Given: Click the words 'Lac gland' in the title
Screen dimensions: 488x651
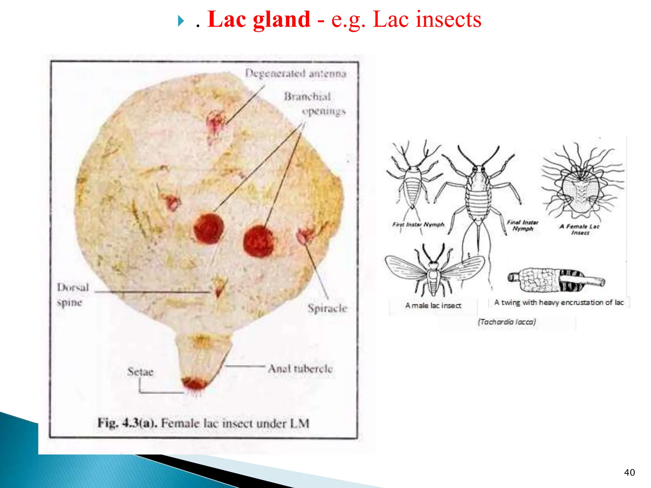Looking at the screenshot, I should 259,20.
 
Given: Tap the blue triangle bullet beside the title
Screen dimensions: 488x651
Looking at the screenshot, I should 181,22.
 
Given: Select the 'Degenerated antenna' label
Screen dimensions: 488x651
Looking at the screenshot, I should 296,73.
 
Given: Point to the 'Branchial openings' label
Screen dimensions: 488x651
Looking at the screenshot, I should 315,104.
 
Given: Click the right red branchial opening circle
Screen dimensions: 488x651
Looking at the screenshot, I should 259,241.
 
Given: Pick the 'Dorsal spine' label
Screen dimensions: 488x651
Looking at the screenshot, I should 72,295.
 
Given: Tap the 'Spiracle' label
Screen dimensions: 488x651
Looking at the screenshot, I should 327,308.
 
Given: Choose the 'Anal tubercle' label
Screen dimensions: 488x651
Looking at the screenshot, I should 300,369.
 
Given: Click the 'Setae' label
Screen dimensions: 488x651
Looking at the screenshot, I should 140,372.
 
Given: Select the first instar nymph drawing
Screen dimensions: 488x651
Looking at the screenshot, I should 413,181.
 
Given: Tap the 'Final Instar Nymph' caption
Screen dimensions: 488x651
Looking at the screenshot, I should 522,226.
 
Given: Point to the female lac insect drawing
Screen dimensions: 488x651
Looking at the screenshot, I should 581,184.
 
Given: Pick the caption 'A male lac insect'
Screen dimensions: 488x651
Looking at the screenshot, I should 433,306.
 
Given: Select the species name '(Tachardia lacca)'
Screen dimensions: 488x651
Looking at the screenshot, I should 507,322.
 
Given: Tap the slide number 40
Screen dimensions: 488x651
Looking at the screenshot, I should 629,472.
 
